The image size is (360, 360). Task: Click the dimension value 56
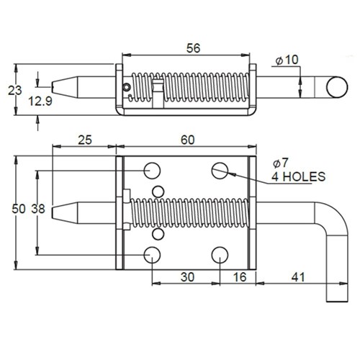192,48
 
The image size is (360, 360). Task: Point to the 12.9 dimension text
40,103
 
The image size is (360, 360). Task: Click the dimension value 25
86,141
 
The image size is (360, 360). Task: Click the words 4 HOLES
298,176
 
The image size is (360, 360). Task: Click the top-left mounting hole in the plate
152,170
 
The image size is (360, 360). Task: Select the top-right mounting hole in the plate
220,170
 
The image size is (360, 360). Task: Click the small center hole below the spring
156,233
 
